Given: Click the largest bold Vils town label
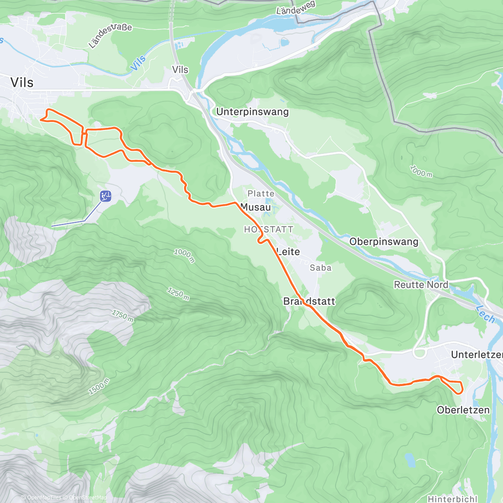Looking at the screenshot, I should point(22,83).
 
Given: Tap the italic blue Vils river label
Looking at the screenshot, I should point(138,63).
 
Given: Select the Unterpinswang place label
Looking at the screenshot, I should point(252,112).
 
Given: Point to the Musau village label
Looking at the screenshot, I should point(256,207).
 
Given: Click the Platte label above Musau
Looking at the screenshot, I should point(261,194).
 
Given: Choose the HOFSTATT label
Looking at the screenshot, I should point(268,229).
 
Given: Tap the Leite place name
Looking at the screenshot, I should point(288,251).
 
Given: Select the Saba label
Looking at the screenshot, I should point(321,268).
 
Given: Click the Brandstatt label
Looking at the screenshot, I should point(309,301).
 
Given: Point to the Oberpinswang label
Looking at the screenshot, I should point(384,242).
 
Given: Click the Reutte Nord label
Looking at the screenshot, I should point(421,285).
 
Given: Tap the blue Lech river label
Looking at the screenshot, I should point(485,314).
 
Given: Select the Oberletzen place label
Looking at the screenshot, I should point(463,410).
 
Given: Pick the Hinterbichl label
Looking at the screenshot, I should point(452,499).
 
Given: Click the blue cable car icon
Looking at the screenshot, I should point(106,196).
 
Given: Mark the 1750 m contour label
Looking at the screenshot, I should point(123,316).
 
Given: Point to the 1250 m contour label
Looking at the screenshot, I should point(179,294).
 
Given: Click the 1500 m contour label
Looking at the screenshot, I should point(99,386).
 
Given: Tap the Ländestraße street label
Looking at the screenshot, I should point(110,35).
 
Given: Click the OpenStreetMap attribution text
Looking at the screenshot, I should point(88,498).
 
